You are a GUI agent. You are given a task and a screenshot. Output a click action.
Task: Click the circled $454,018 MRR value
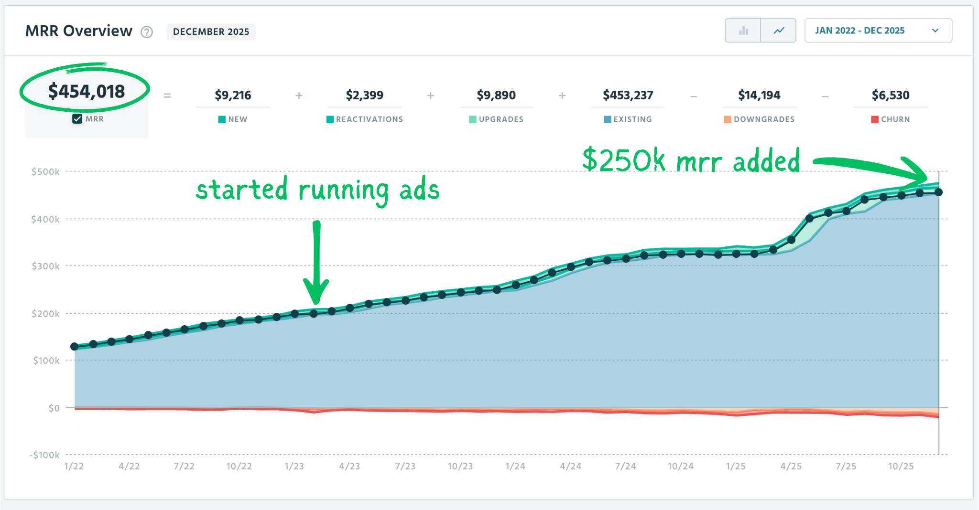(86, 91)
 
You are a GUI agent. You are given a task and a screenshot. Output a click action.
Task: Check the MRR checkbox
(77, 119)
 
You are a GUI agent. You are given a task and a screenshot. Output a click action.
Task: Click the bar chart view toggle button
(743, 31)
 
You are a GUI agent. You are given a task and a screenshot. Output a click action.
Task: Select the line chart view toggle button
(778, 31)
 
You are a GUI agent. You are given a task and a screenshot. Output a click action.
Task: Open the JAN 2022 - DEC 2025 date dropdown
(878, 31)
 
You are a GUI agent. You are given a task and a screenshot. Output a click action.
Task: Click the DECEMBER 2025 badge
(211, 32)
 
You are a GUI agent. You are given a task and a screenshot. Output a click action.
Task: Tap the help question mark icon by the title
(146, 32)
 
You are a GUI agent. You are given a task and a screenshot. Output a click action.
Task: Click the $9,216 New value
(233, 95)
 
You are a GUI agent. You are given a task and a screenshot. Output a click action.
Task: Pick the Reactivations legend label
(369, 119)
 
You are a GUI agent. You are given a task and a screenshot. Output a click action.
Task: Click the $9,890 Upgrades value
(496, 95)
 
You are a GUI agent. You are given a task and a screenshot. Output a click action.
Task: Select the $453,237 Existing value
(628, 95)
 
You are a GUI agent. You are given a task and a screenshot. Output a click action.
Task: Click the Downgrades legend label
(764, 119)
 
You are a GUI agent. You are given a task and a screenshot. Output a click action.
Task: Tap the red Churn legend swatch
(874, 119)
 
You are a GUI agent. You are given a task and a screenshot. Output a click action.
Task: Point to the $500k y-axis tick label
(45, 171)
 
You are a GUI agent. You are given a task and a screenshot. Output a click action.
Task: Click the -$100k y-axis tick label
(44, 455)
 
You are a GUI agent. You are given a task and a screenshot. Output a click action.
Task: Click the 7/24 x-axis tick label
(625, 466)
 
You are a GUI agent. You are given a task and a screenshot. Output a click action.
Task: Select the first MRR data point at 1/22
(75, 346)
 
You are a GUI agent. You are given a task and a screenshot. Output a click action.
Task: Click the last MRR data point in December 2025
(938, 192)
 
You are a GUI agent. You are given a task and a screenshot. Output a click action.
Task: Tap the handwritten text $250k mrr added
(691, 161)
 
